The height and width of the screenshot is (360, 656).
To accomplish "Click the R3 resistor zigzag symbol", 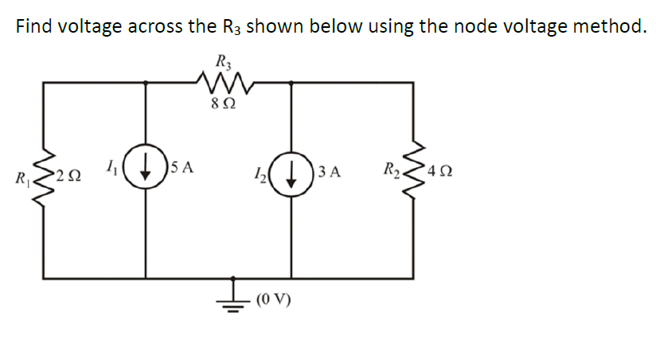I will point(220,81).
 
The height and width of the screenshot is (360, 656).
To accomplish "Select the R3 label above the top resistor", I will point(222,60).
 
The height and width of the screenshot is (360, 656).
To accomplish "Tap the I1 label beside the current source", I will point(111,167).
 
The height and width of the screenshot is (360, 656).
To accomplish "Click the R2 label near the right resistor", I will point(391,169).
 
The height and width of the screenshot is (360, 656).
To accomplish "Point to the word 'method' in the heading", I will point(606,26).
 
